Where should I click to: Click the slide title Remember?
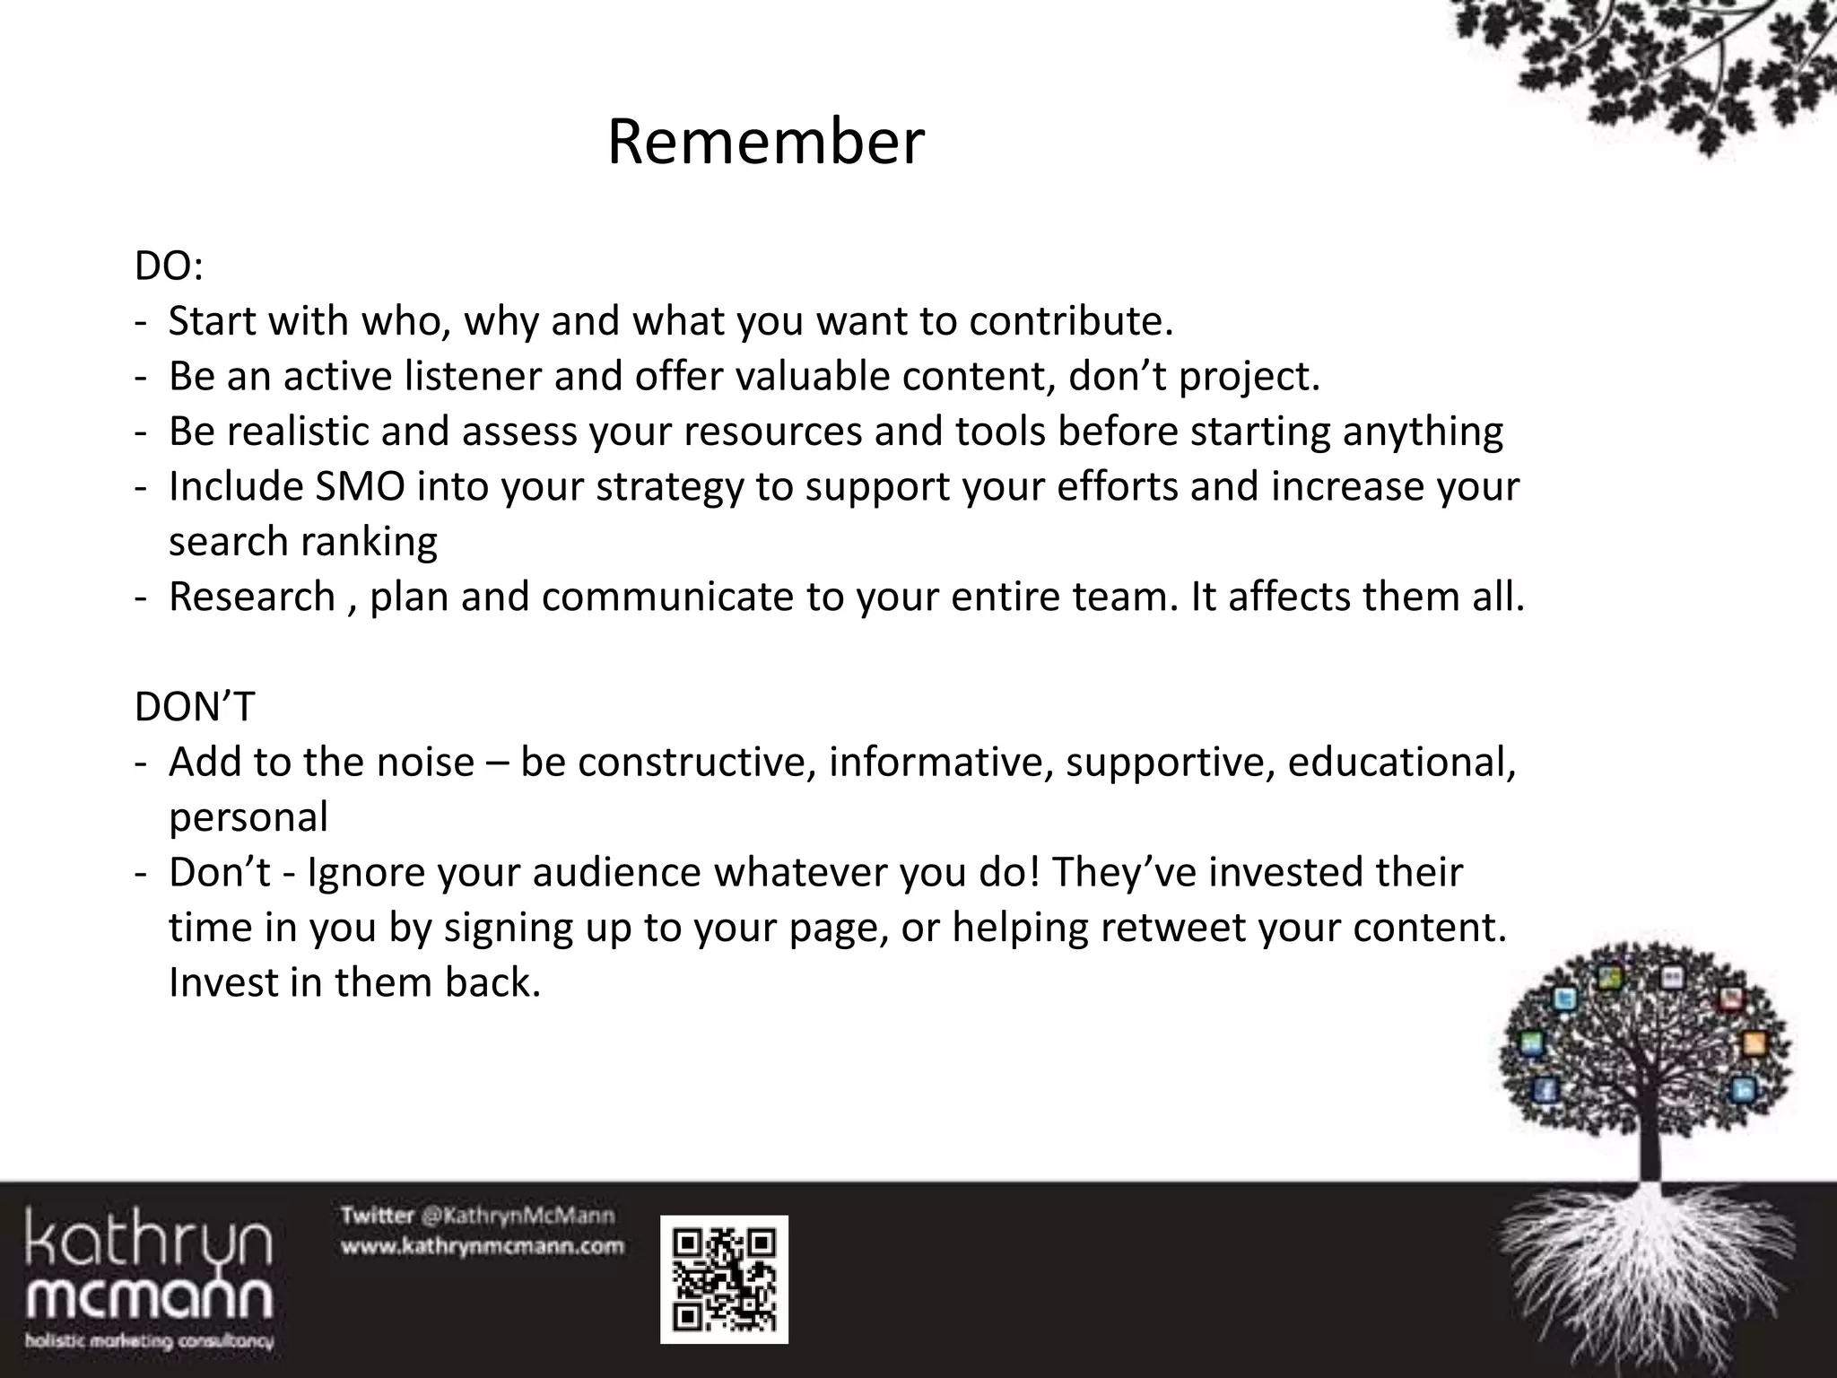pos(765,142)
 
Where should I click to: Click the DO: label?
pos(169,266)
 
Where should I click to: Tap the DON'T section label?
pos(195,707)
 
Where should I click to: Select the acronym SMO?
pos(361,487)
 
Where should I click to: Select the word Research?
pos(252,597)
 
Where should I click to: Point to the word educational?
pos(1401,763)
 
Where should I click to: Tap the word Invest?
pos(223,982)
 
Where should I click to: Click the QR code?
pos(724,1279)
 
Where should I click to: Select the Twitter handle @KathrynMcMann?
pos(518,1217)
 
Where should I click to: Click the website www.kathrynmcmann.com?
pos(482,1247)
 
